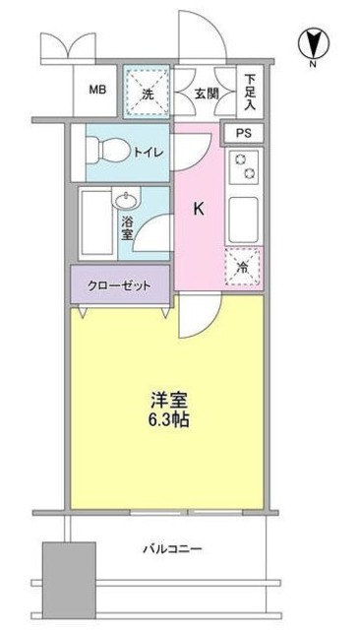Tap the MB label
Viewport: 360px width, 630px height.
(97, 92)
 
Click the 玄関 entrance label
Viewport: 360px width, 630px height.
(206, 94)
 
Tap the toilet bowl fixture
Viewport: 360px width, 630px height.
(105, 151)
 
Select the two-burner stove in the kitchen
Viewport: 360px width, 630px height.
(243, 168)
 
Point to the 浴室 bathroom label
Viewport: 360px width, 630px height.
(127, 230)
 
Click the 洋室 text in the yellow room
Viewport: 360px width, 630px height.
(167, 402)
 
